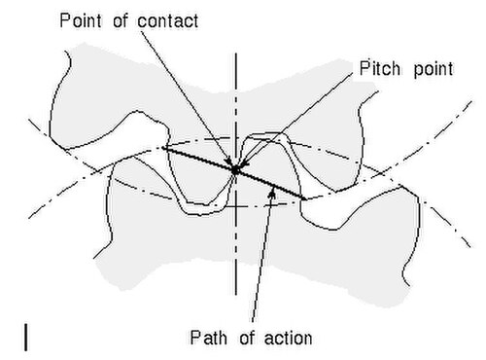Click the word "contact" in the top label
[168, 21]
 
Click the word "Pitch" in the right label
[380, 68]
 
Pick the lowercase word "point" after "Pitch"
[434, 70]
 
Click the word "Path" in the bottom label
[209, 338]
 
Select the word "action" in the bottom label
[289, 338]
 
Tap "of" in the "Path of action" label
[247, 338]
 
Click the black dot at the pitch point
[235, 169]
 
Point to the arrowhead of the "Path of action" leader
[273, 193]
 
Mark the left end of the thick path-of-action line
[162, 148]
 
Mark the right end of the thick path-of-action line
[305, 198]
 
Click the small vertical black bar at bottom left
[25, 337]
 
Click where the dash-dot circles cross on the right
[386, 172]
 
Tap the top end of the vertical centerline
[236, 54]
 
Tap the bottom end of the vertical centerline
[236, 295]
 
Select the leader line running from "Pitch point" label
[297, 119]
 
